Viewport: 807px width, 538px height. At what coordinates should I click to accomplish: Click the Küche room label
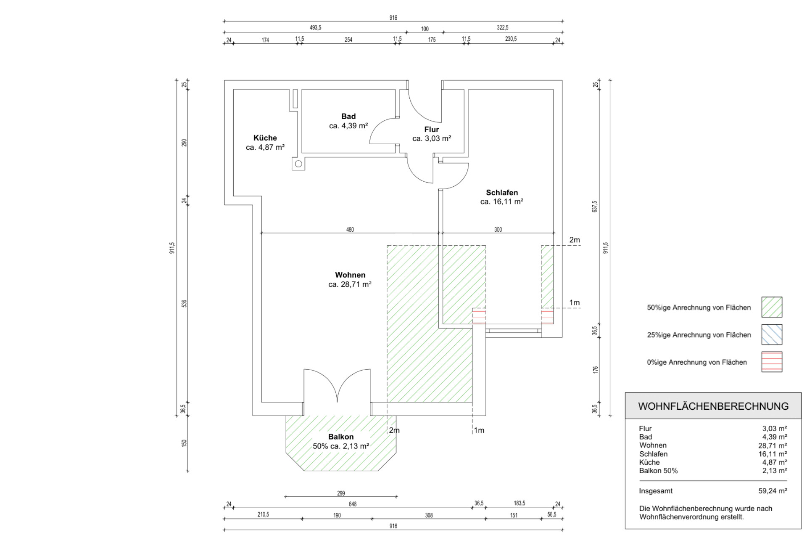(x=265, y=138)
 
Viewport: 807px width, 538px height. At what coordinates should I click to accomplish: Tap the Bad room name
(x=348, y=117)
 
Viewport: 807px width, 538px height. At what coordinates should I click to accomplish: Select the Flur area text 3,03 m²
(x=432, y=139)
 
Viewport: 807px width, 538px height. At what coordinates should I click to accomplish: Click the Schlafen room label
(x=502, y=193)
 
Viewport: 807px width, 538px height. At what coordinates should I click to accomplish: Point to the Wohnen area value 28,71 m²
(x=350, y=284)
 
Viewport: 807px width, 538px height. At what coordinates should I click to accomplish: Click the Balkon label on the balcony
(x=340, y=437)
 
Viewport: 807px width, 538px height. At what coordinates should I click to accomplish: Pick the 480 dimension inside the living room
(x=350, y=230)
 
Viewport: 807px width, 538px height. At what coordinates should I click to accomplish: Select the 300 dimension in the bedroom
(x=498, y=230)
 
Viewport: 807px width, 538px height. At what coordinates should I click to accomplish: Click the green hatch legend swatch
(x=772, y=307)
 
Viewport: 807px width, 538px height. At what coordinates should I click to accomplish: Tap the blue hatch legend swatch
(x=772, y=334)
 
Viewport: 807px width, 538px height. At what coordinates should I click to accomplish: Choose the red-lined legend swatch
(x=772, y=362)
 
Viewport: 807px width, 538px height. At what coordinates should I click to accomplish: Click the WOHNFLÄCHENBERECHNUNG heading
(x=713, y=406)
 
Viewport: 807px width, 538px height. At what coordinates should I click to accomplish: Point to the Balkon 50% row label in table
(x=658, y=471)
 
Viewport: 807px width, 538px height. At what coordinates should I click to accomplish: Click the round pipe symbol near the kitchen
(x=298, y=164)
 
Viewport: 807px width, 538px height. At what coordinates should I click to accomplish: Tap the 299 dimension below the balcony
(x=341, y=493)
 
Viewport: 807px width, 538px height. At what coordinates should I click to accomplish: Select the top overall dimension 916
(x=393, y=18)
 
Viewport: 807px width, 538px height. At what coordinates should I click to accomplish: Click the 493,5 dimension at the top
(x=315, y=28)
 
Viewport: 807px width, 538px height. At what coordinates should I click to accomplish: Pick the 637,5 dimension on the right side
(x=595, y=206)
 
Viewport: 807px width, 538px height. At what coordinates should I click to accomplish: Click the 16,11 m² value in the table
(x=773, y=454)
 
